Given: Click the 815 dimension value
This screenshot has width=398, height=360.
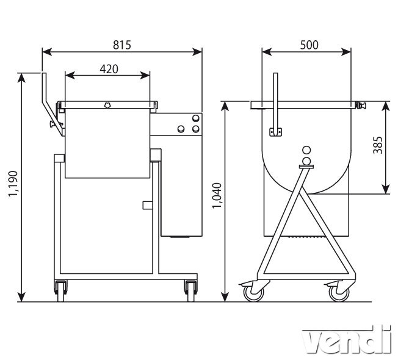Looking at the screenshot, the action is (122, 45).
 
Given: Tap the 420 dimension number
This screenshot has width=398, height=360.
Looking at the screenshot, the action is (109, 69).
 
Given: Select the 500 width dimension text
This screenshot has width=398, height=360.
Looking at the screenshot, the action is (309, 45).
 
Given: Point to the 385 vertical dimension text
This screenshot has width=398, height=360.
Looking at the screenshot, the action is (378, 145).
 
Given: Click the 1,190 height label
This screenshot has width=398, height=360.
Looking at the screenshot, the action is (13, 184).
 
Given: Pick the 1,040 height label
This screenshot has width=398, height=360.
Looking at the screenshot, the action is (217, 196).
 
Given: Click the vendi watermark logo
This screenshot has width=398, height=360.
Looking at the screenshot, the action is (347, 339).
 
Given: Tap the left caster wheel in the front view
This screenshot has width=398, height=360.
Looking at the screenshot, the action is (61, 290).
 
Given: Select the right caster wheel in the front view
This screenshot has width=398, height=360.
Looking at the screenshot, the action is (191, 290).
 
